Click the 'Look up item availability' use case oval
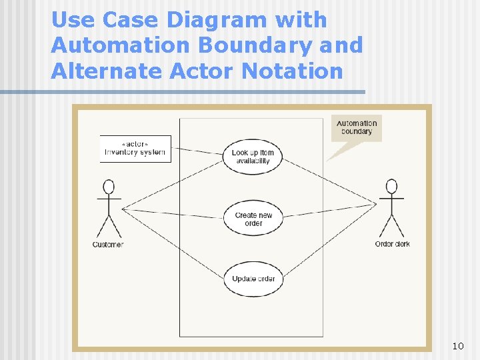pyautogui.click(x=253, y=157)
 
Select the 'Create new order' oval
pyautogui.click(x=253, y=219)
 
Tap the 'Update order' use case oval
pyautogui.click(x=253, y=279)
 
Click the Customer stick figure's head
pyautogui.click(x=109, y=187)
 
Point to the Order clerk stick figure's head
pyautogui.click(x=392, y=186)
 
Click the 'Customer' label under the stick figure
pyautogui.click(x=108, y=245)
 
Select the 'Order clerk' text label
pyautogui.click(x=392, y=244)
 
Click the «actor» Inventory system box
pyautogui.click(x=135, y=149)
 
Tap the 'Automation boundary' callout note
pyautogui.click(x=357, y=127)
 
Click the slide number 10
pyautogui.click(x=457, y=346)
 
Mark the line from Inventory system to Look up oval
pyautogui.click(x=197, y=151)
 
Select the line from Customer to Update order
pyautogui.click(x=173, y=243)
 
